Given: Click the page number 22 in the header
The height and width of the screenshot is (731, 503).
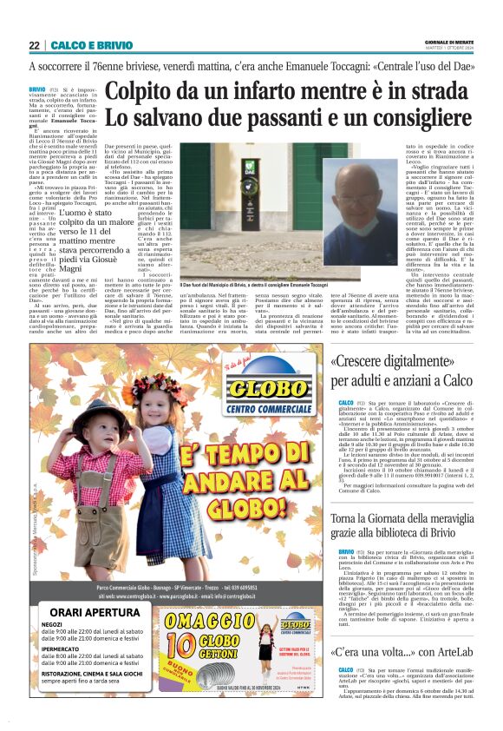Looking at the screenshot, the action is click(34, 45).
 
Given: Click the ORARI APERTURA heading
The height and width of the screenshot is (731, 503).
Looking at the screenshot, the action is click(96, 610).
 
